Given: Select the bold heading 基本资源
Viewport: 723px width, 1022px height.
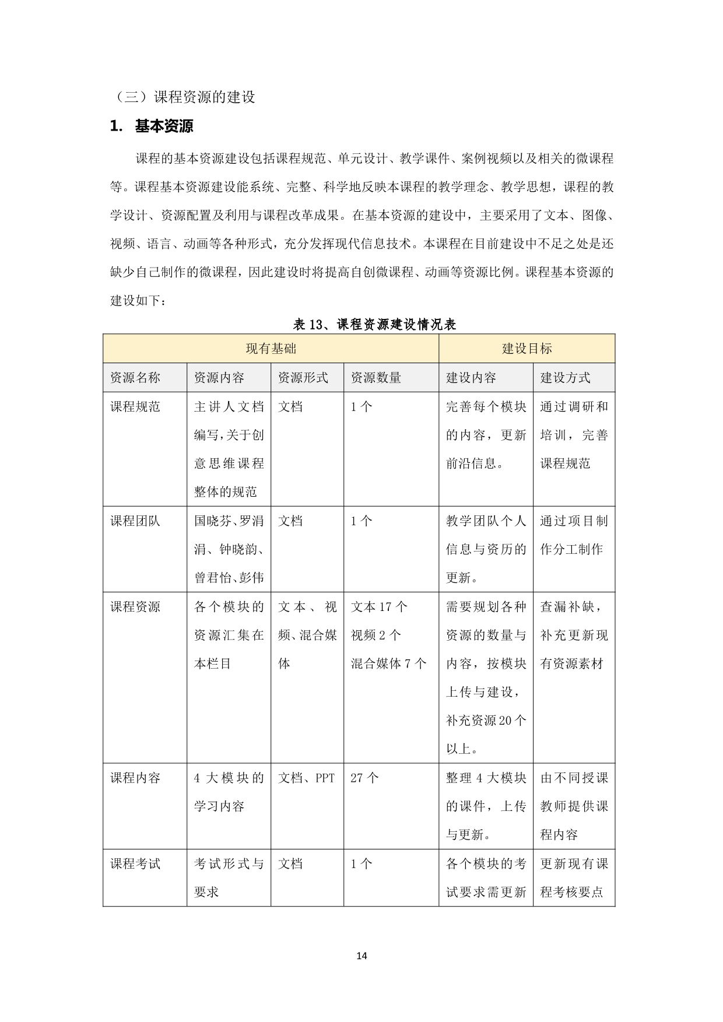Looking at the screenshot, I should click(164, 126).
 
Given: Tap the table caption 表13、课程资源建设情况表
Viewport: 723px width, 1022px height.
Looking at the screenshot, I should click(374, 325).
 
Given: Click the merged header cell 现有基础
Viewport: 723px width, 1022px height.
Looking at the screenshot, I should click(271, 349).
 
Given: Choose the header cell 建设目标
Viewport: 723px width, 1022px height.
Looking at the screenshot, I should click(527, 349).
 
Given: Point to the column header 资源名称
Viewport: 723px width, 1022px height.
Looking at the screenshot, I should click(135, 378).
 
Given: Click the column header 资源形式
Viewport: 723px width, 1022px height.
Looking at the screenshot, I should click(303, 378).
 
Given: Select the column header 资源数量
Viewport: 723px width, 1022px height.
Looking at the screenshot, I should click(376, 378).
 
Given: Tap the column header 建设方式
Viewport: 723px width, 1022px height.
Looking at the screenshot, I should click(565, 378).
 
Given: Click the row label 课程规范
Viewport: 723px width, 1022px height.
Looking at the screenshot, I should click(135, 407).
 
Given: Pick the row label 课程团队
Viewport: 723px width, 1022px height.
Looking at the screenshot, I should click(135, 521).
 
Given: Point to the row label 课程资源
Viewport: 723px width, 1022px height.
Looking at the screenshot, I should click(135, 607).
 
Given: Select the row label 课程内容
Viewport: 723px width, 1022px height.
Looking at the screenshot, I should click(135, 778).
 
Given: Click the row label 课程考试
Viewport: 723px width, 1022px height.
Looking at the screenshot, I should click(135, 864).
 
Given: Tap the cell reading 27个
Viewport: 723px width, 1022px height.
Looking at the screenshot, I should click(365, 778).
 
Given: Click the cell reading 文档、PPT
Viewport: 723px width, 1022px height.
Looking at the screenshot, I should click(307, 778).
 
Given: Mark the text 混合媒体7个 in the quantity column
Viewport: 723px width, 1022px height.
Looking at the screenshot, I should click(388, 664).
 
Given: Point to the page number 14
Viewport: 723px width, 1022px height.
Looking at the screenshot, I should click(361, 956).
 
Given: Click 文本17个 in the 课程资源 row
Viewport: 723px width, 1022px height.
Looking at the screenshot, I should click(379, 607).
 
